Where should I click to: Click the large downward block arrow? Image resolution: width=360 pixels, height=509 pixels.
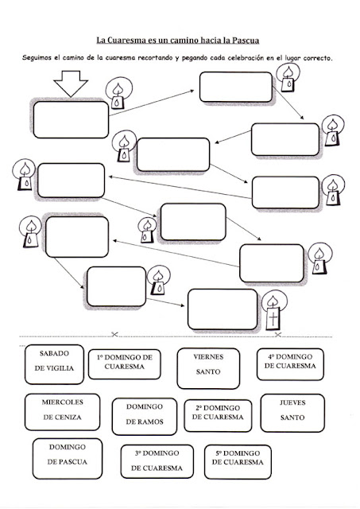click(x=71, y=83)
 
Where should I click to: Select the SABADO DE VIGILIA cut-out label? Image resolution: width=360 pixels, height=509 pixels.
click(x=54, y=364)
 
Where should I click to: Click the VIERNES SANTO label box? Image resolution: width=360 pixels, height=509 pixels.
click(x=208, y=368)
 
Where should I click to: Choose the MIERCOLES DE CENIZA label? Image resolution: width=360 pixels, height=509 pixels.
click(x=62, y=412)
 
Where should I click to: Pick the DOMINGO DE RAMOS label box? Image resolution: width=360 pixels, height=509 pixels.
click(x=145, y=417)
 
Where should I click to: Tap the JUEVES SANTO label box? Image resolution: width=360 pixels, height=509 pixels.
click(x=292, y=413)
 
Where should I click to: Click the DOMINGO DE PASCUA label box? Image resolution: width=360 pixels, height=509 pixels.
click(x=68, y=459)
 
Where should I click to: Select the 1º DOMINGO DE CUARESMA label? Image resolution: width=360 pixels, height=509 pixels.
click(x=125, y=364)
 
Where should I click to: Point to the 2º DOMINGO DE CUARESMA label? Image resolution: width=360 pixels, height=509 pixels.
click(x=218, y=415)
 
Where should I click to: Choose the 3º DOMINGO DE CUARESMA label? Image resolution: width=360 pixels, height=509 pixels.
click(x=157, y=461)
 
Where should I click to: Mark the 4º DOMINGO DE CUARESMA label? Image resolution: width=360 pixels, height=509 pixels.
click(x=290, y=364)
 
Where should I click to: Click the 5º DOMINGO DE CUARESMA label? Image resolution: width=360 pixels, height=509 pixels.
click(x=238, y=462)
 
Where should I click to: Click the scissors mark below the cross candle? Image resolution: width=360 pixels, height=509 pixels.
click(x=278, y=334)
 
